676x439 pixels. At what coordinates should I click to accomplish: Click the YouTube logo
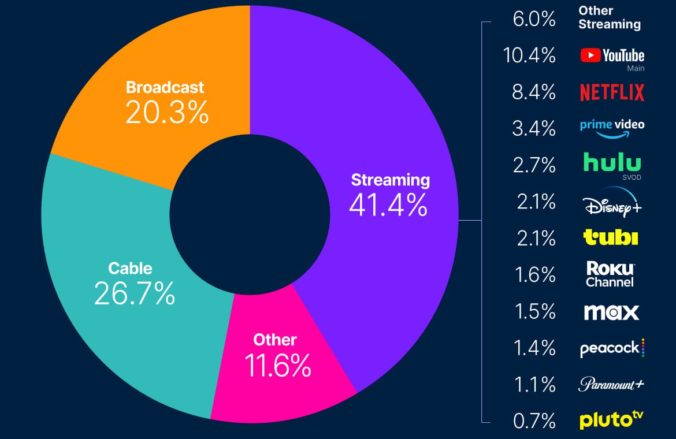612,56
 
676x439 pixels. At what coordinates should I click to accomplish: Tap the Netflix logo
612,92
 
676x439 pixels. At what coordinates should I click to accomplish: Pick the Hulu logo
612,163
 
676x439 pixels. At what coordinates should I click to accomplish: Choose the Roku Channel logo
610,274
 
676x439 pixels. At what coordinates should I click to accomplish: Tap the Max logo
611,312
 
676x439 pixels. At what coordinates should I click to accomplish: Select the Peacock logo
612,348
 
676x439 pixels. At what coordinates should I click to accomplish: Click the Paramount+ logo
611,385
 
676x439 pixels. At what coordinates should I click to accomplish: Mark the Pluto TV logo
611,420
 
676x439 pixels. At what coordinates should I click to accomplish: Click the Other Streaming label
610,18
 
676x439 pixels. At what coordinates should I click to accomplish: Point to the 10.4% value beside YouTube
529,56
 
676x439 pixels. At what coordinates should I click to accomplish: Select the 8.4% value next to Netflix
534,92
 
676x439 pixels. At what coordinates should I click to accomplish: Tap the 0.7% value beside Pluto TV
534,421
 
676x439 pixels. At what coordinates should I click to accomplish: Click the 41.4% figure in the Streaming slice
388,204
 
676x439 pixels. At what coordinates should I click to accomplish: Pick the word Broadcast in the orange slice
165,87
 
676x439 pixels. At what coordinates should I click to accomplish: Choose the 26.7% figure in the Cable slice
134,294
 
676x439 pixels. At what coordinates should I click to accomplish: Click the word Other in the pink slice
275,340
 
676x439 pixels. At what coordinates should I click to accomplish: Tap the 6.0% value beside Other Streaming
534,19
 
